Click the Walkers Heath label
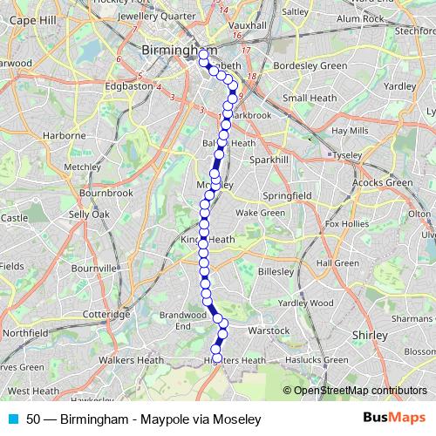tap(131, 359)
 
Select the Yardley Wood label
tap(305, 303)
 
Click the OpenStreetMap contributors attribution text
tap(359, 391)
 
